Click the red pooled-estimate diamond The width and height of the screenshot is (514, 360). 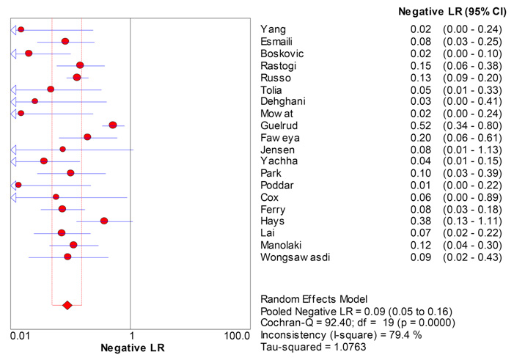[x=67, y=305]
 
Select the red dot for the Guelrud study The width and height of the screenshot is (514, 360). [x=112, y=125]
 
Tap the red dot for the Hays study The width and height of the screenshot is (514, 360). [x=103, y=221]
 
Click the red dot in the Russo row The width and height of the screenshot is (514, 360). [x=77, y=78]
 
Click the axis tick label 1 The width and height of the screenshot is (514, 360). [x=131, y=337]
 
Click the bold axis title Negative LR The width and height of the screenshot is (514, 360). [x=130, y=350]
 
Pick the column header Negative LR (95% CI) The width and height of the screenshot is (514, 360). [x=450, y=12]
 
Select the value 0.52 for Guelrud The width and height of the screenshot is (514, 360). [x=420, y=125]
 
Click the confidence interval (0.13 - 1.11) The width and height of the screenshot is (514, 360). [x=472, y=221]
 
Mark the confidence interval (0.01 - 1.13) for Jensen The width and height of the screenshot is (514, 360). [x=472, y=149]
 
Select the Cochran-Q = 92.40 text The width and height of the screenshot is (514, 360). [x=303, y=323]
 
